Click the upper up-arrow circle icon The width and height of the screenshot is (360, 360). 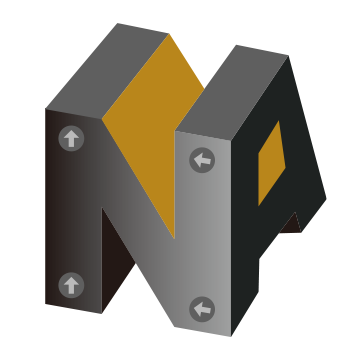(x=71, y=138)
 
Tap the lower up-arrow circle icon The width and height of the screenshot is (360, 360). (x=71, y=285)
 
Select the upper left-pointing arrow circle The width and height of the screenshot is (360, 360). (x=202, y=160)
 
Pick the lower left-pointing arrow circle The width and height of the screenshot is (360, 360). (x=202, y=309)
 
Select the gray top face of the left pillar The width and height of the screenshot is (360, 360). (x=107, y=71)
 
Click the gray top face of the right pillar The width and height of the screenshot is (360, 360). (x=232, y=92)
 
